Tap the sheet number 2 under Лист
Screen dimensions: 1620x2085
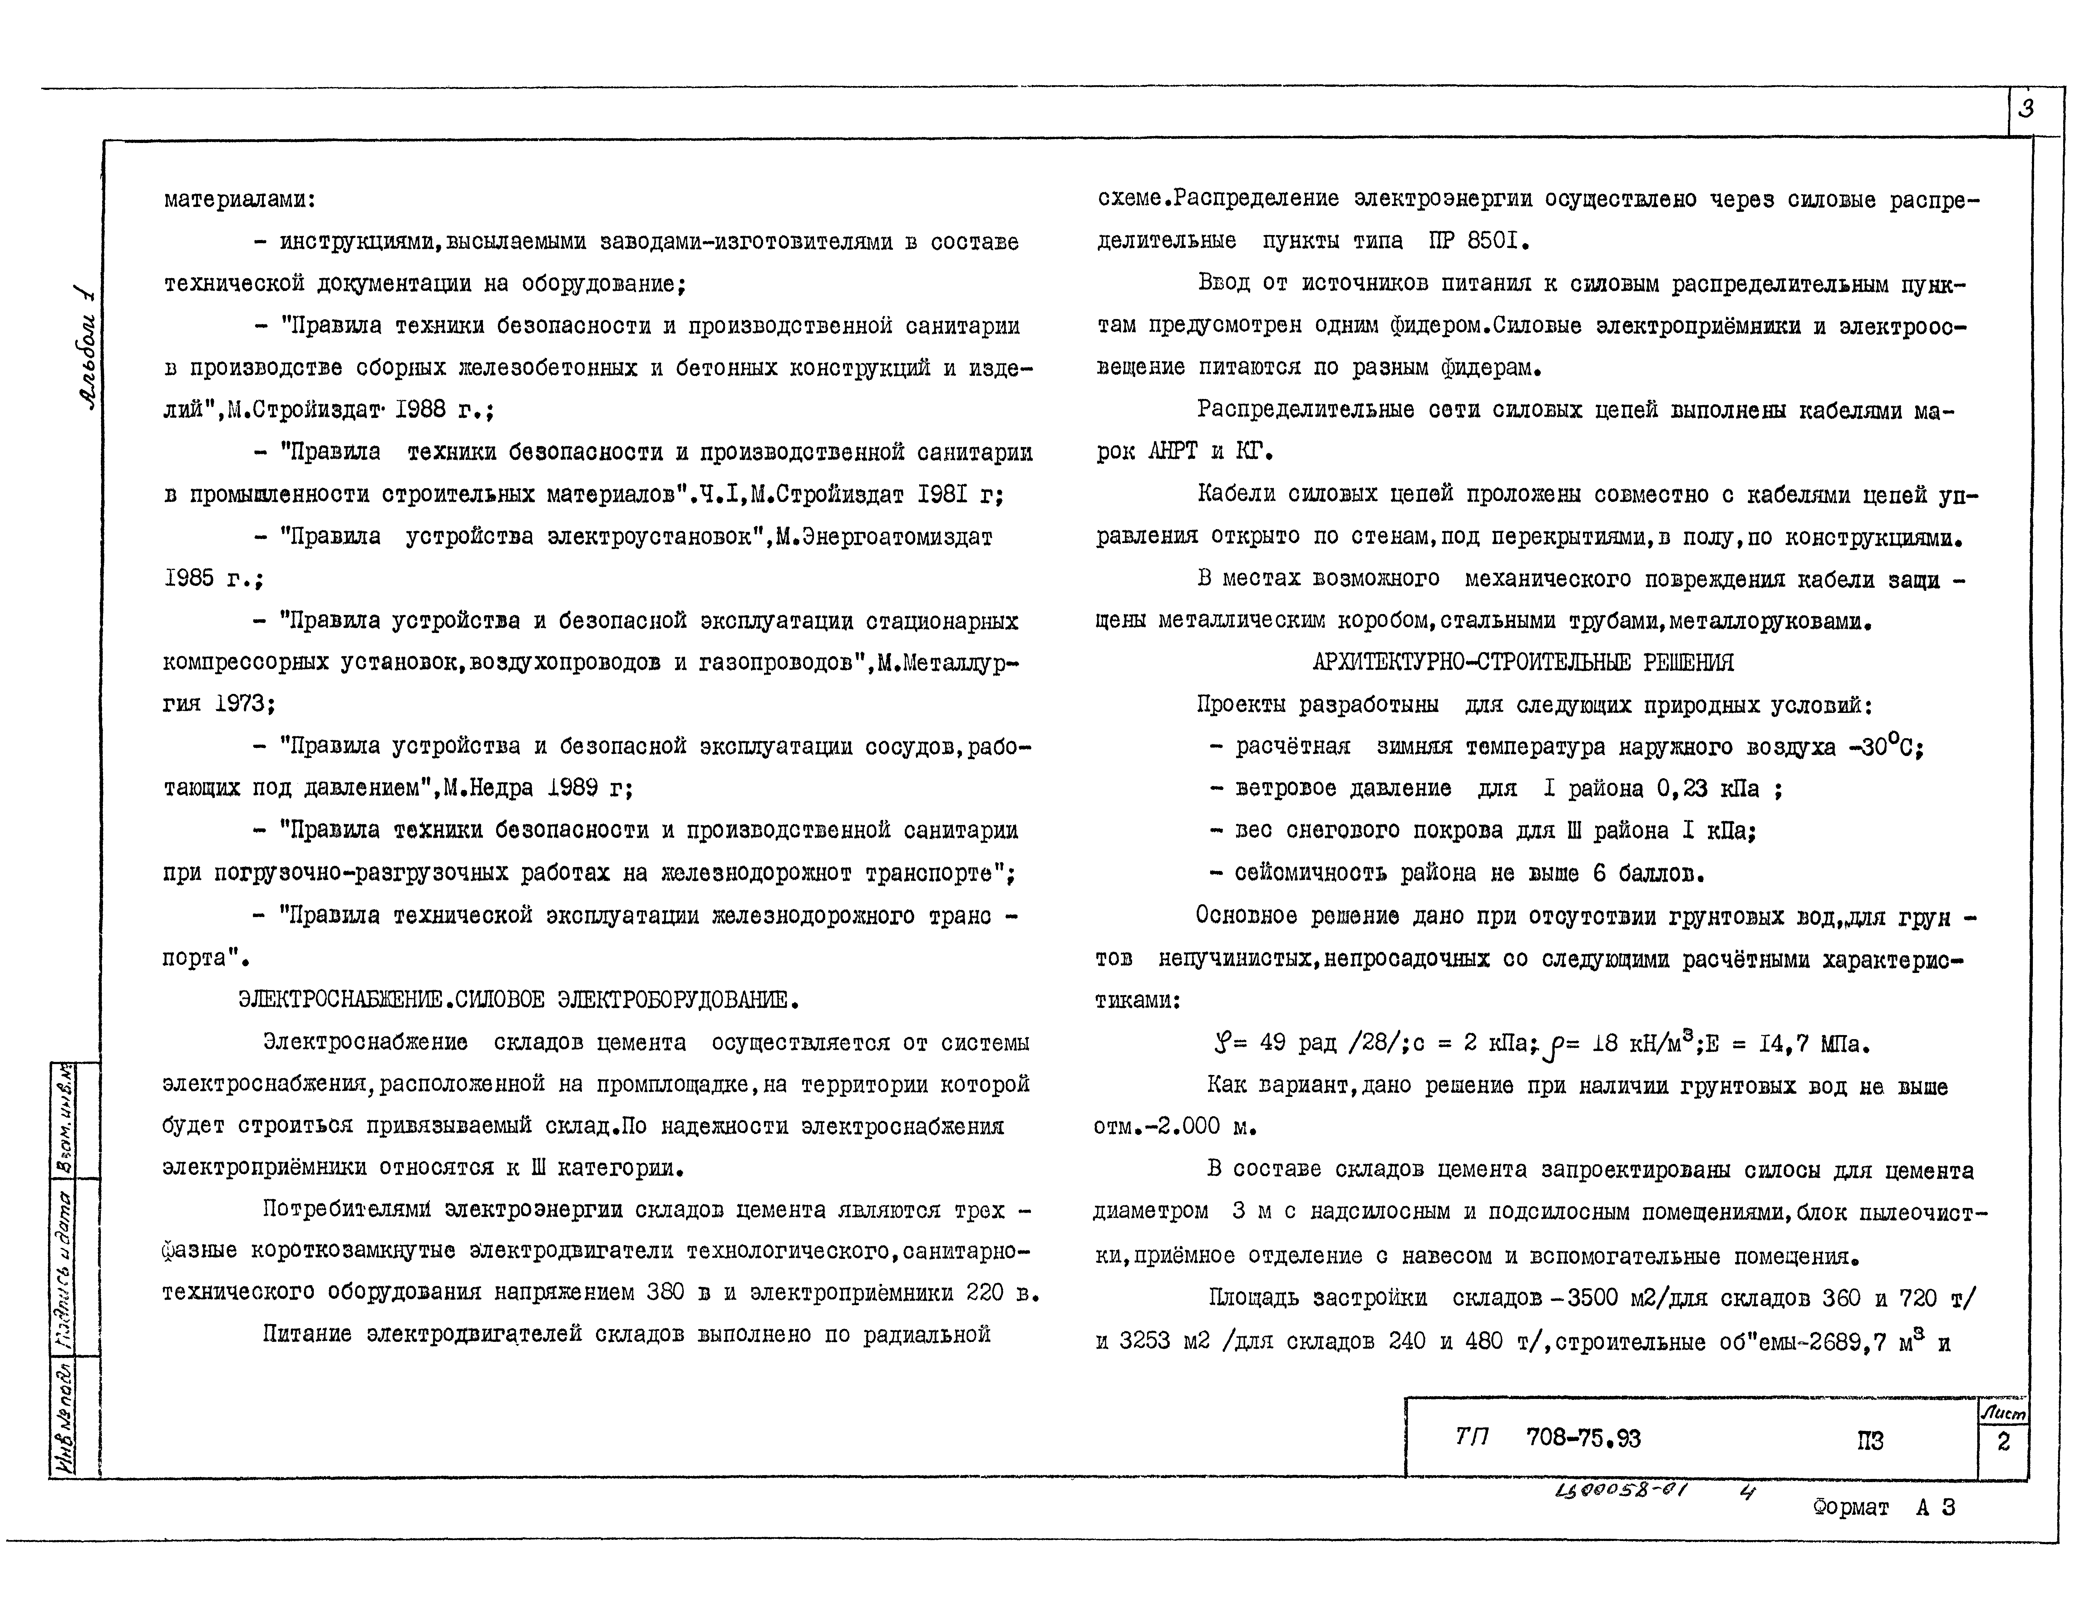pyautogui.click(x=2003, y=1441)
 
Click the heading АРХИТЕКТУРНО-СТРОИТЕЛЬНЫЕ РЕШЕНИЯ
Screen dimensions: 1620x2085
pyautogui.click(x=1523, y=662)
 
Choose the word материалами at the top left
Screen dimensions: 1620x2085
pyautogui.click(x=239, y=199)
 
